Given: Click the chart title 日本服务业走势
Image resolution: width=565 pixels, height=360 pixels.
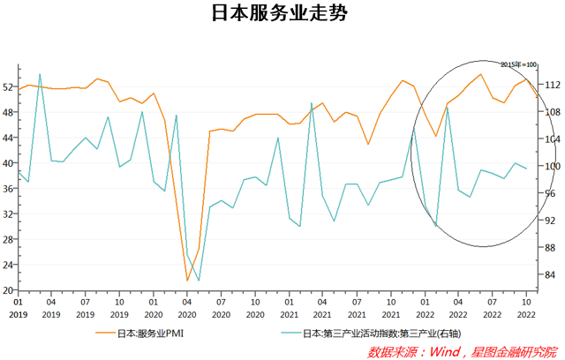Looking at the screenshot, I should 282,13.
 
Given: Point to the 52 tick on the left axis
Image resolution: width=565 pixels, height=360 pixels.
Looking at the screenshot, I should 9,88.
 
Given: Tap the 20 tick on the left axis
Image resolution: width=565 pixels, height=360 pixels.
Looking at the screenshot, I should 9,290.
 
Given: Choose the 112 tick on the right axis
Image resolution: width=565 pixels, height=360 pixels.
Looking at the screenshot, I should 550,86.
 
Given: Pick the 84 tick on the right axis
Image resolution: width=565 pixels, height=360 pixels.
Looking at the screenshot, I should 548,275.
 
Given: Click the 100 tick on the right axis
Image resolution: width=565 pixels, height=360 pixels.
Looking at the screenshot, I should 550,167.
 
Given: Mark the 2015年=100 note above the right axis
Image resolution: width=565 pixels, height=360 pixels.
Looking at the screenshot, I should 518,64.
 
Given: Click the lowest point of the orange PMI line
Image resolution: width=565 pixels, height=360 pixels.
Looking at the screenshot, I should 187,281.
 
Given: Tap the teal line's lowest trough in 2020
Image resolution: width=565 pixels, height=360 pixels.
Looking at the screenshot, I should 199,281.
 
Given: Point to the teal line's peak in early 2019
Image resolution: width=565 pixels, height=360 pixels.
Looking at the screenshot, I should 40,74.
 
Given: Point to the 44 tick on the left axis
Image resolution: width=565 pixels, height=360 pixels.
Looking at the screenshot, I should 9,139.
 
